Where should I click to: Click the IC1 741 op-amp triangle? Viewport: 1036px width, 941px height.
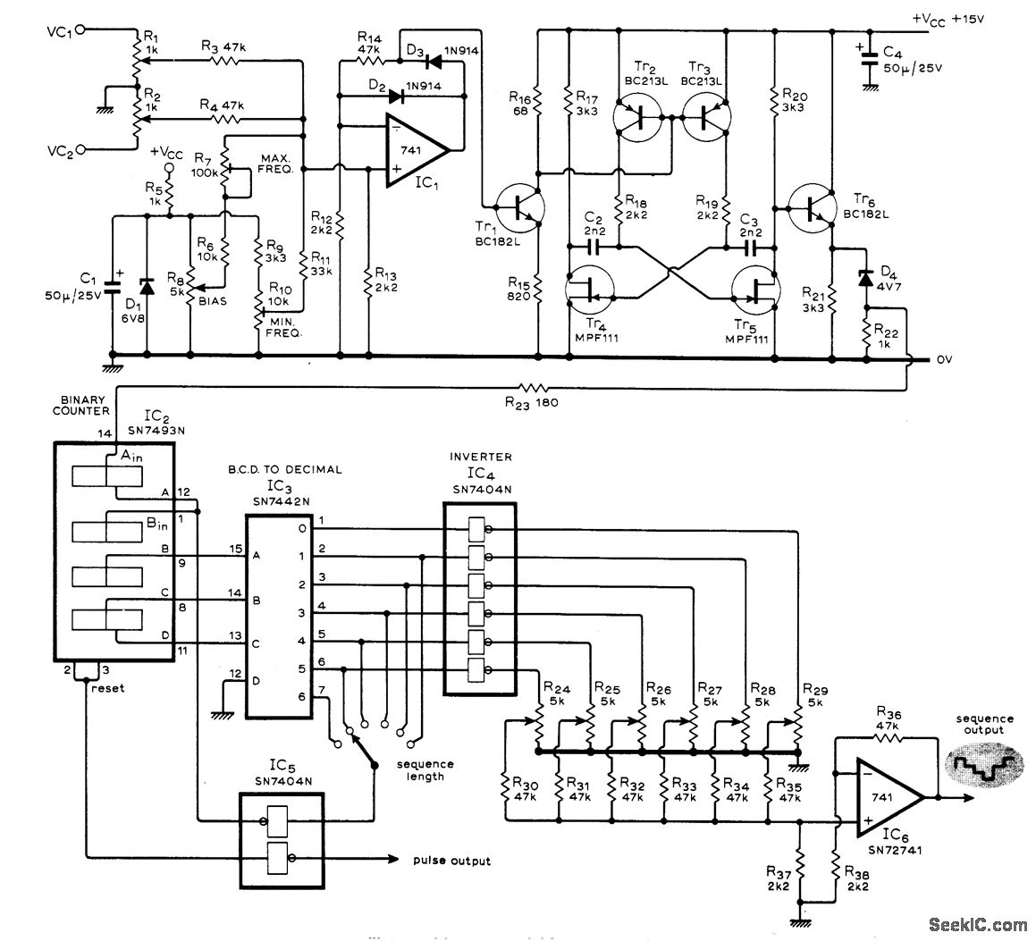point(414,150)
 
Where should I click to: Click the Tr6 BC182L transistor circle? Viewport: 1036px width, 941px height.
point(812,206)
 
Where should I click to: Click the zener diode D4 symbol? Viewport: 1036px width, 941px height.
point(864,277)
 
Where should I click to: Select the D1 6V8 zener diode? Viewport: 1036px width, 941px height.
point(145,286)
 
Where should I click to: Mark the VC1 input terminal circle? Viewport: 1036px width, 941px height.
point(82,29)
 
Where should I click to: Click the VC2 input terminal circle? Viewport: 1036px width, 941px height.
point(82,149)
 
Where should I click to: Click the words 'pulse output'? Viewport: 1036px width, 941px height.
point(451,861)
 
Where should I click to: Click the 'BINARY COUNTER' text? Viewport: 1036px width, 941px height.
point(85,405)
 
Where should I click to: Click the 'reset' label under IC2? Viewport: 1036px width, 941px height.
point(105,689)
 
